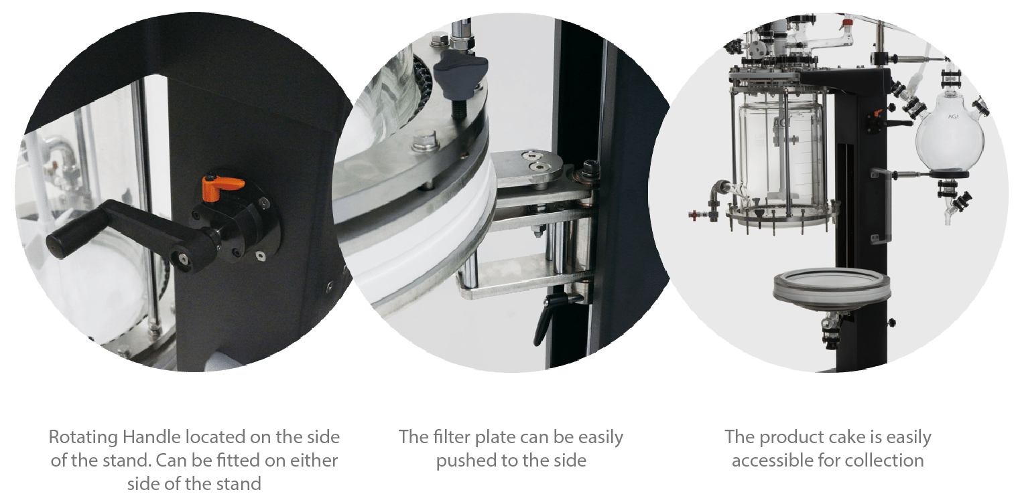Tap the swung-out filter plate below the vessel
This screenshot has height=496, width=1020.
[832, 287]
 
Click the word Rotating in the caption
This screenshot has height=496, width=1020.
[83, 438]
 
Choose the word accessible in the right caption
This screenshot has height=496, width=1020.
[772, 461]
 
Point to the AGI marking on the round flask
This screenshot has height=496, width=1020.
[953, 117]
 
